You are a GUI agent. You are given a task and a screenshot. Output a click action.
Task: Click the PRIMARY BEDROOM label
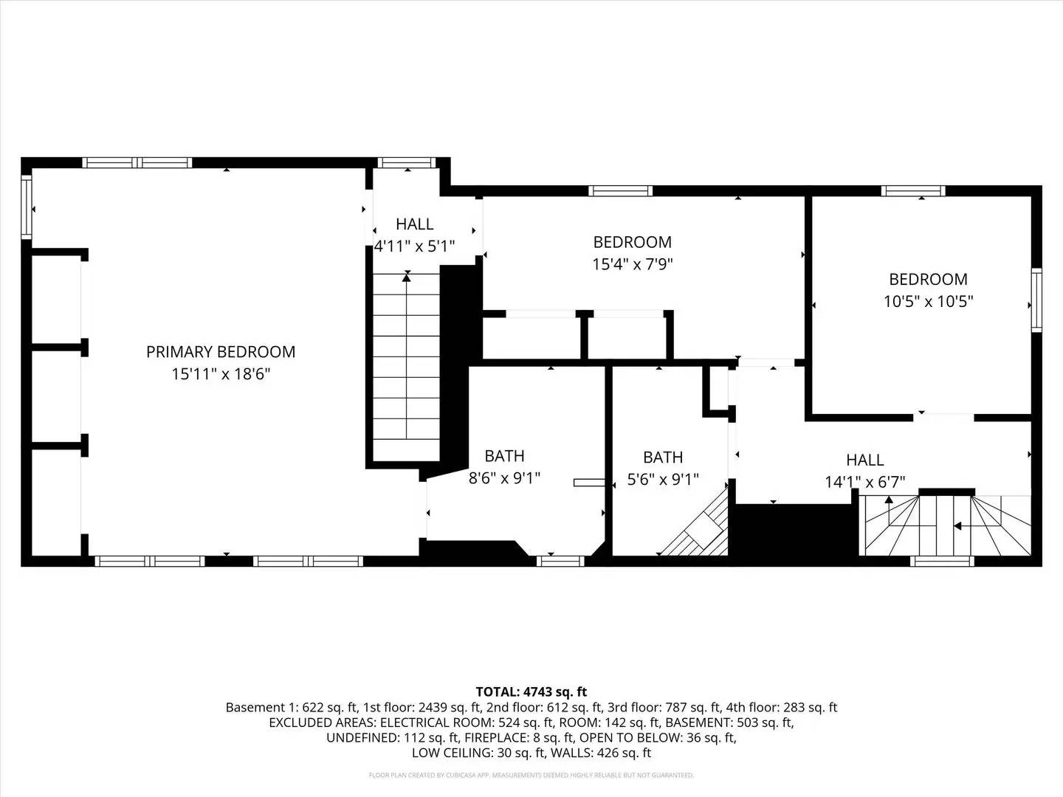pos(221,352)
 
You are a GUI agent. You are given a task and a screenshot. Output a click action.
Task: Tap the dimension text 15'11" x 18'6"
pos(221,374)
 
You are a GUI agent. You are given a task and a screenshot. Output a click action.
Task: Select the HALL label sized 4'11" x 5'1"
pos(414,224)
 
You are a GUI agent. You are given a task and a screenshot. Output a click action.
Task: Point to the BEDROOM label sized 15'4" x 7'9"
pos(632,242)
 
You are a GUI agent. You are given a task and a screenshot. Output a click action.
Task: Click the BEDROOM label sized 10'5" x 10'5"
pos(928,280)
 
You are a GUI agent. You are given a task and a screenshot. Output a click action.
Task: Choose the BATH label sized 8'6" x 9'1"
pos(504,456)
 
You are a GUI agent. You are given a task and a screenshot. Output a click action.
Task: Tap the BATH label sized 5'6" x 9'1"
pos(662,458)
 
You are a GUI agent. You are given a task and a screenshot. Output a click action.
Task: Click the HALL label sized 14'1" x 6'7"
pos(864,460)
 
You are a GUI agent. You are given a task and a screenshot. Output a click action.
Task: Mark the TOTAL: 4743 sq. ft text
pos(531,691)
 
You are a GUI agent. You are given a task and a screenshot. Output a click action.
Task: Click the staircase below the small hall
pos(406,365)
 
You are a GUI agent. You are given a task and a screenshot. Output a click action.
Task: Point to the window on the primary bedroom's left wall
pos(27,206)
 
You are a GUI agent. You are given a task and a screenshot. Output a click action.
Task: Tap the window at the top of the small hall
pos(407,163)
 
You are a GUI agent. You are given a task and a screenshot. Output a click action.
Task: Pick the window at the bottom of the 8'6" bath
pos(560,561)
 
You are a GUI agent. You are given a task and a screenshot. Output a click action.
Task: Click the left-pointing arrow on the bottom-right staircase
pos(957,526)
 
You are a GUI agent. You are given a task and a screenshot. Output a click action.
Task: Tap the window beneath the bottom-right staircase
pos(943,561)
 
